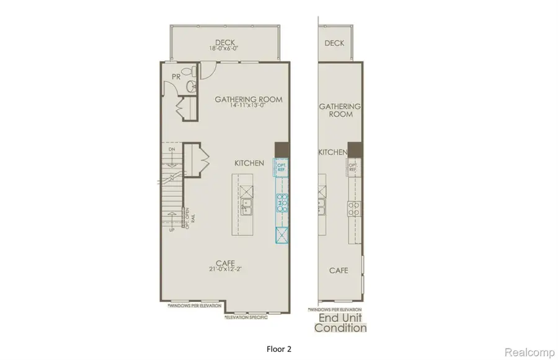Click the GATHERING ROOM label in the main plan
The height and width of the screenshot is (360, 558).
[x=248, y=99]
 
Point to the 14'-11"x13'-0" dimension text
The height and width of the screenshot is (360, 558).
[x=248, y=107]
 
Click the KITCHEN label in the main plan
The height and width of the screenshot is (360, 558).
[x=249, y=163]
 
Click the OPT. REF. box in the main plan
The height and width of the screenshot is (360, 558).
[x=281, y=166]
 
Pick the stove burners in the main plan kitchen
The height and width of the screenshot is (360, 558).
[x=281, y=203]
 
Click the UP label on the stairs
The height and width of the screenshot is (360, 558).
[x=172, y=230]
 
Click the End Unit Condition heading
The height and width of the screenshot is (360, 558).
[x=340, y=322]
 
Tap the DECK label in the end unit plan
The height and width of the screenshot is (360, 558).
[x=334, y=43]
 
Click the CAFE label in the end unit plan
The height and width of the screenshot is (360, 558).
[x=338, y=271]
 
